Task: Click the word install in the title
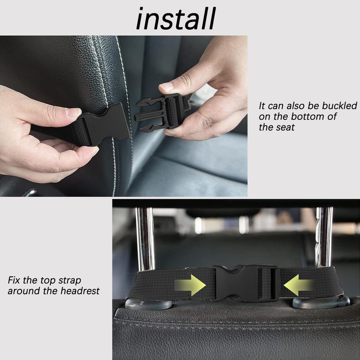click(x=176, y=18)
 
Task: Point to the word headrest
click(x=80, y=291)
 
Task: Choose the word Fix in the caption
click(x=14, y=280)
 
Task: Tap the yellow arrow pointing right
click(x=190, y=285)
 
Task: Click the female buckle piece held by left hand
click(x=101, y=125)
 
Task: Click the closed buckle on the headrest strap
click(x=245, y=283)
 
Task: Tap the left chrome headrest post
click(x=144, y=239)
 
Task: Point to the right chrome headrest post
click(x=324, y=237)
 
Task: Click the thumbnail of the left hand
click(x=73, y=112)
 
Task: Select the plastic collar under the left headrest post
click(x=148, y=304)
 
